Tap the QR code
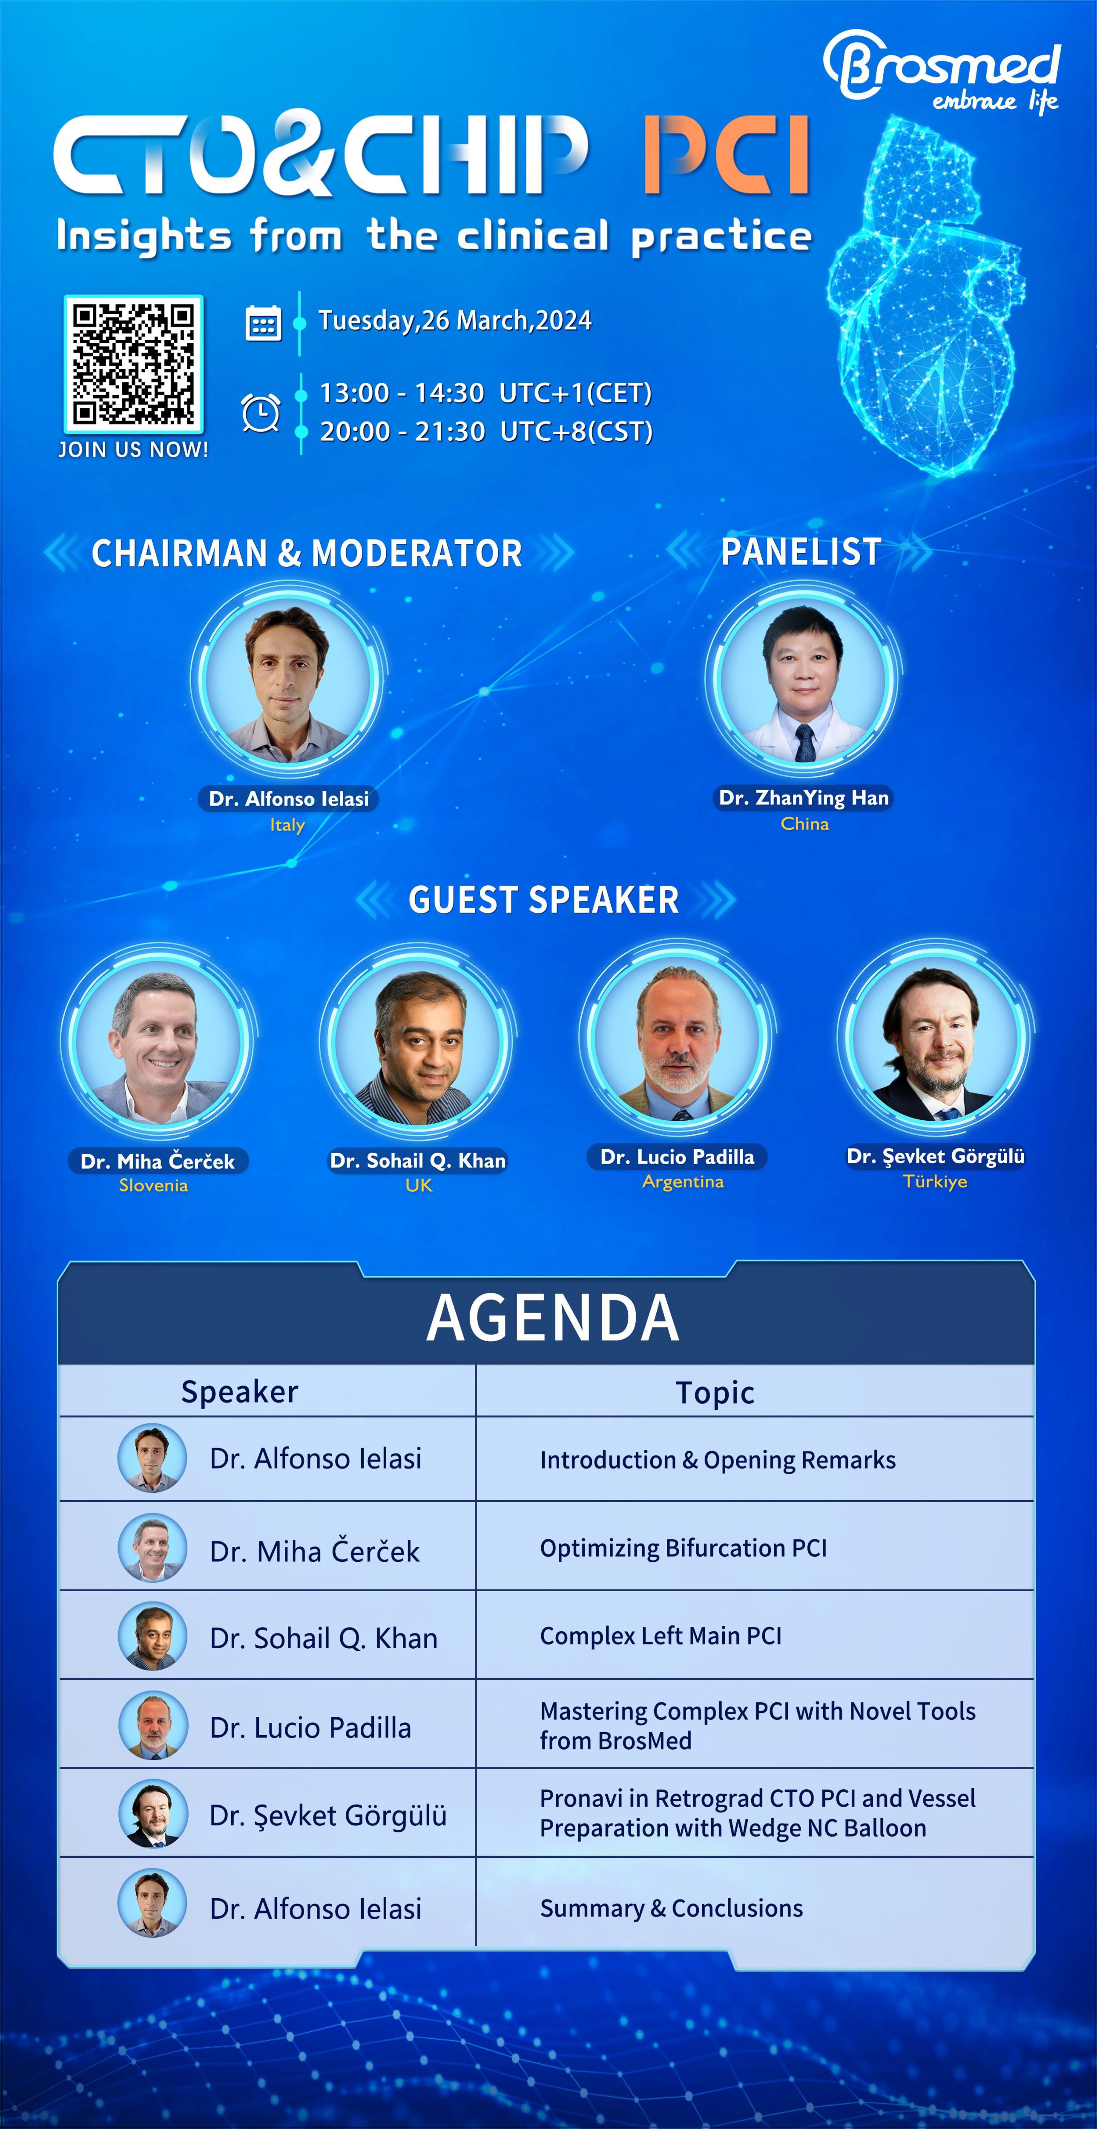[x=133, y=364]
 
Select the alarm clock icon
[x=260, y=412]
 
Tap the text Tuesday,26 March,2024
[x=455, y=321]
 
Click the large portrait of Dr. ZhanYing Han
[x=803, y=679]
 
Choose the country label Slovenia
[x=154, y=1185]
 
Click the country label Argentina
[x=683, y=1182]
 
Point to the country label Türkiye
[x=935, y=1182]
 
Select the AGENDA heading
[x=552, y=1317]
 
